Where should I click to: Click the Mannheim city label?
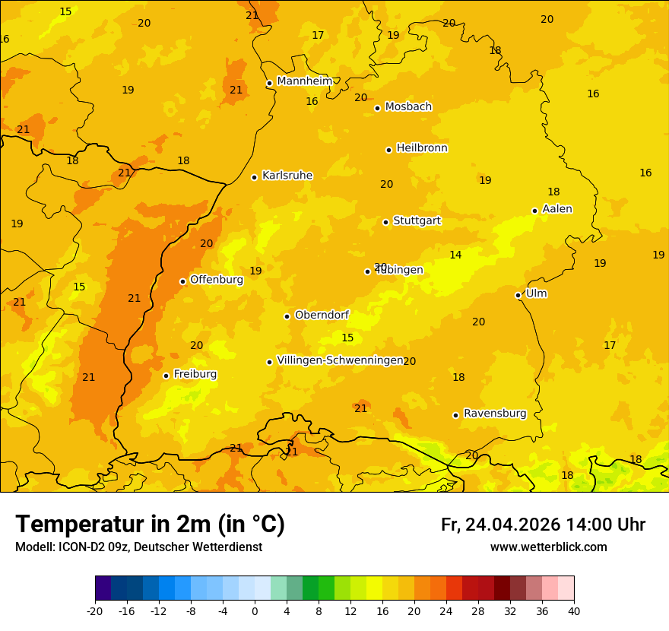coord(304,81)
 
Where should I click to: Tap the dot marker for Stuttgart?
coord(385,222)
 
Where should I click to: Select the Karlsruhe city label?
coord(287,176)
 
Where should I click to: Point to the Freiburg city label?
coord(195,374)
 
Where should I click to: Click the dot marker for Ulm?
coord(518,295)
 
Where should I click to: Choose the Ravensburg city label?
coord(494,414)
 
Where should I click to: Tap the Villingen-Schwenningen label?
coord(340,360)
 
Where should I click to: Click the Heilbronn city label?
coord(422,148)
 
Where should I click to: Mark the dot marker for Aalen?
coord(534,211)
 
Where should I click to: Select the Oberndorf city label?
coord(322,315)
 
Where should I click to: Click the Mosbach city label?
coord(408,107)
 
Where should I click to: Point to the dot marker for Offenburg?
coord(182,281)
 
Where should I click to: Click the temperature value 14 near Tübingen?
coord(455,255)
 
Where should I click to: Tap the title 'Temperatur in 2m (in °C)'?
coord(150,524)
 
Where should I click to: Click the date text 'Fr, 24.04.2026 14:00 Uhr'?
coord(543,525)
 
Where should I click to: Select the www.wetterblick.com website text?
coord(548,547)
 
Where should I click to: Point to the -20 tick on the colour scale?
coord(95,610)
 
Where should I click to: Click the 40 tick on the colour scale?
coord(574,610)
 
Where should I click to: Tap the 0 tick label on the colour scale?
coord(255,610)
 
